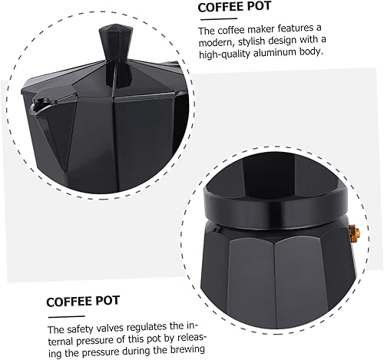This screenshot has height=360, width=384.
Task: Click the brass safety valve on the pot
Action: [356, 231]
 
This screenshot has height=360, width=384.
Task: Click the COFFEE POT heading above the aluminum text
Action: [235, 8]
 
